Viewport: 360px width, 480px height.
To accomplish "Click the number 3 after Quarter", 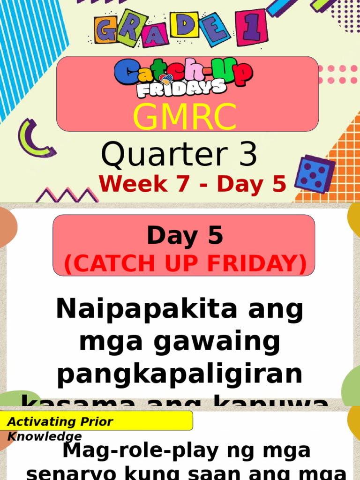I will click(247, 155).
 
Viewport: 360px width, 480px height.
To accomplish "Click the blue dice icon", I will click(314, 173).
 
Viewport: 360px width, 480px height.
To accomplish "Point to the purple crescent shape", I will click(34, 138).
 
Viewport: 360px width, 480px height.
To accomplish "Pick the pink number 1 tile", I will click(252, 28).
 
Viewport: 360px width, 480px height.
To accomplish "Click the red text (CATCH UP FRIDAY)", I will click(186, 263).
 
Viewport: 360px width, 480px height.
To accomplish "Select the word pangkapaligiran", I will click(180, 375).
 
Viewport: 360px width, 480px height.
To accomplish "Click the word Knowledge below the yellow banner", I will click(45, 437).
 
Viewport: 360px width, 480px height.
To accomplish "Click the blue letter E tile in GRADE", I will click(215, 29).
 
